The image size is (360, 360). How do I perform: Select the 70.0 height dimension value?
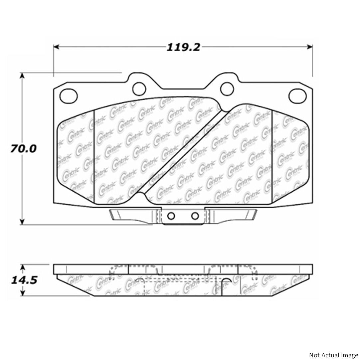(23, 148)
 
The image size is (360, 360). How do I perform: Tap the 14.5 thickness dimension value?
(23, 280)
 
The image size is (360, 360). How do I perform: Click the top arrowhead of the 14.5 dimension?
(22, 267)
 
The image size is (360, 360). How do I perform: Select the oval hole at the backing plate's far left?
(69, 94)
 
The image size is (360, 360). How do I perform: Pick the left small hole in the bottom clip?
(171, 216)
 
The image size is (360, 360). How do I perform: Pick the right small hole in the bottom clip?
(195, 216)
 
